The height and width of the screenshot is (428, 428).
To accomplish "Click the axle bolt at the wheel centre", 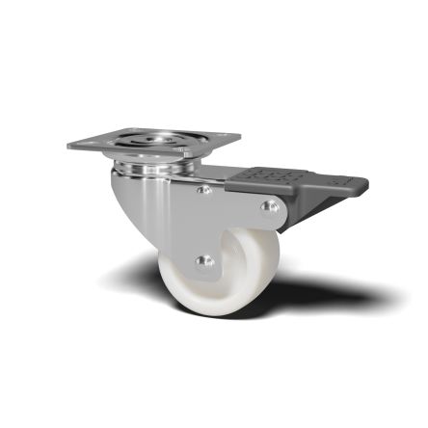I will coord(202,260).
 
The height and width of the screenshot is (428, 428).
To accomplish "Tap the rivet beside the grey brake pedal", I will coord(270,206).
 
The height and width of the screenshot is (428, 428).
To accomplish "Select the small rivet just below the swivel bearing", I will coord(203,190).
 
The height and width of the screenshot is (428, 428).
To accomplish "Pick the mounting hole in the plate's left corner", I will coord(85,144).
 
